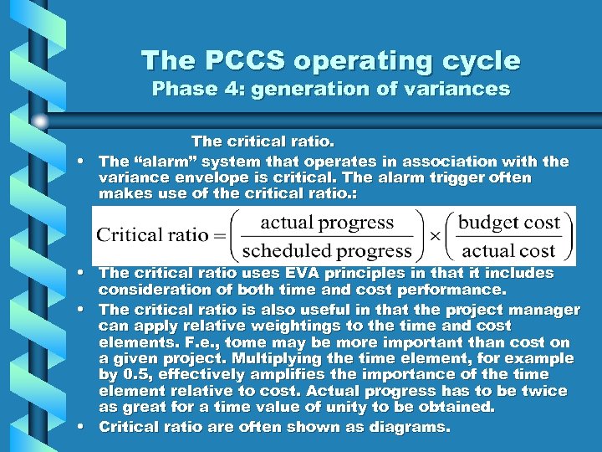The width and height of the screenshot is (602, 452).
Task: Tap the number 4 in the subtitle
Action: [229, 89]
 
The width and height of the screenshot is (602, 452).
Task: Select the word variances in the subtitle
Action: [458, 89]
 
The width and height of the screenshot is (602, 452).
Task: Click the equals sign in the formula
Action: [221, 235]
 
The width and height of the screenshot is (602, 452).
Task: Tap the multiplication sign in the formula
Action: [436, 236]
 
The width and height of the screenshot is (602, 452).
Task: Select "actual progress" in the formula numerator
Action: [327, 222]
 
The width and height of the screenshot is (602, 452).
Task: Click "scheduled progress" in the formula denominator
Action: [327, 250]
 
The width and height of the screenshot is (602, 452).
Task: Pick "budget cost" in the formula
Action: [509, 222]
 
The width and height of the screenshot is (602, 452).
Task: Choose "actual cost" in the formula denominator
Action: [509, 250]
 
